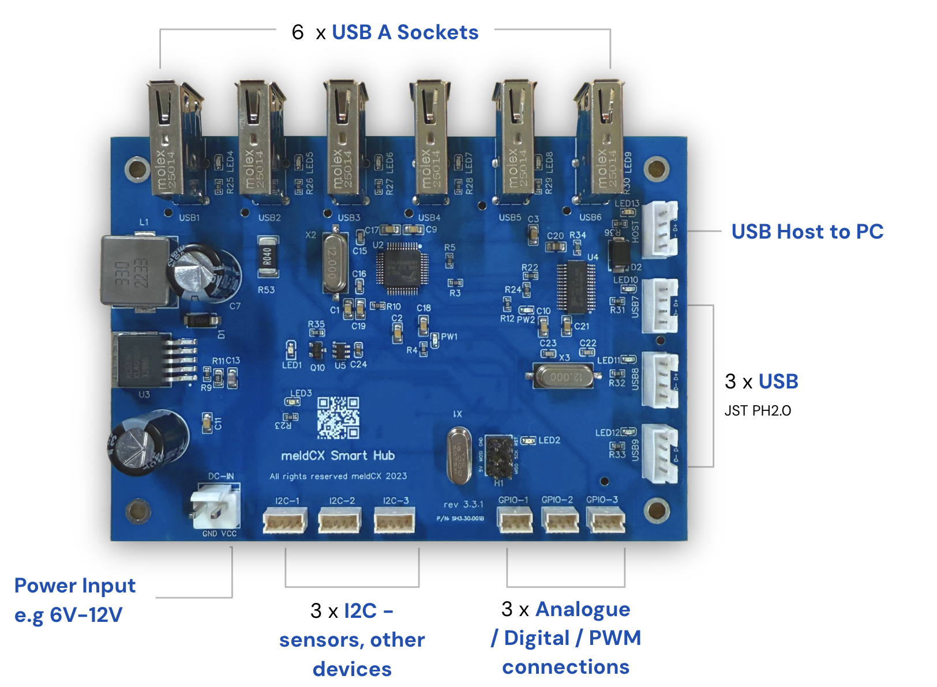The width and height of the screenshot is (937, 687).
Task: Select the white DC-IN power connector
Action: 215,505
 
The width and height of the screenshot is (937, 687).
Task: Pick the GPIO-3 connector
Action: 606,520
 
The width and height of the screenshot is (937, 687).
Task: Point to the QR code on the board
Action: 338,417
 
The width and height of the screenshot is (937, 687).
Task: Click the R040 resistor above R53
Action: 268,256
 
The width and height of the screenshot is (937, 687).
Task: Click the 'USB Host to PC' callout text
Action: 807,232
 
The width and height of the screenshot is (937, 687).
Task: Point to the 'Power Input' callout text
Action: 75,586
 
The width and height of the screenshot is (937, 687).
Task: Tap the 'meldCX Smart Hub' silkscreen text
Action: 338,455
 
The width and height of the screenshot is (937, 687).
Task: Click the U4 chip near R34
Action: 576,286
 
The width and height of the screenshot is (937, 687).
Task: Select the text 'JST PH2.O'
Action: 758,410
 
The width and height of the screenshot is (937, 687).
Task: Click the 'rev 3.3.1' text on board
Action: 463,504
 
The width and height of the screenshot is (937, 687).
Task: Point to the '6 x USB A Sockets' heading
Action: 385,32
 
